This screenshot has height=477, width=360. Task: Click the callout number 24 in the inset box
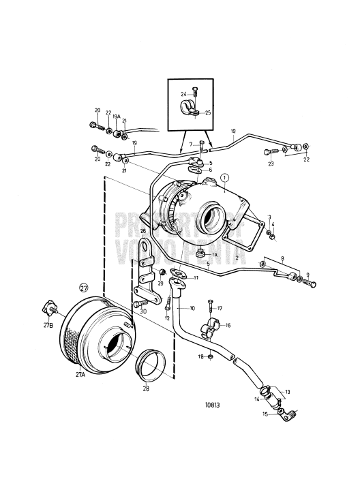182,93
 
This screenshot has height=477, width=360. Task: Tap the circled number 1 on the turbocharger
224,178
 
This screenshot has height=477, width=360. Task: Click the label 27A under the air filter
80,374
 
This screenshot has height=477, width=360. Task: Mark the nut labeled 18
212,355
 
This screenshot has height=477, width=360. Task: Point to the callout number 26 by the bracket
143,231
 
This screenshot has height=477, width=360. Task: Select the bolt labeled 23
268,153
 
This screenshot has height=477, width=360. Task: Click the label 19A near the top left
117,117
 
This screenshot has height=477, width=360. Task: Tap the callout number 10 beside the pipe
192,308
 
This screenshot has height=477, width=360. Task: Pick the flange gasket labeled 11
180,275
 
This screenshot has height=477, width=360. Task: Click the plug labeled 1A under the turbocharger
202,253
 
